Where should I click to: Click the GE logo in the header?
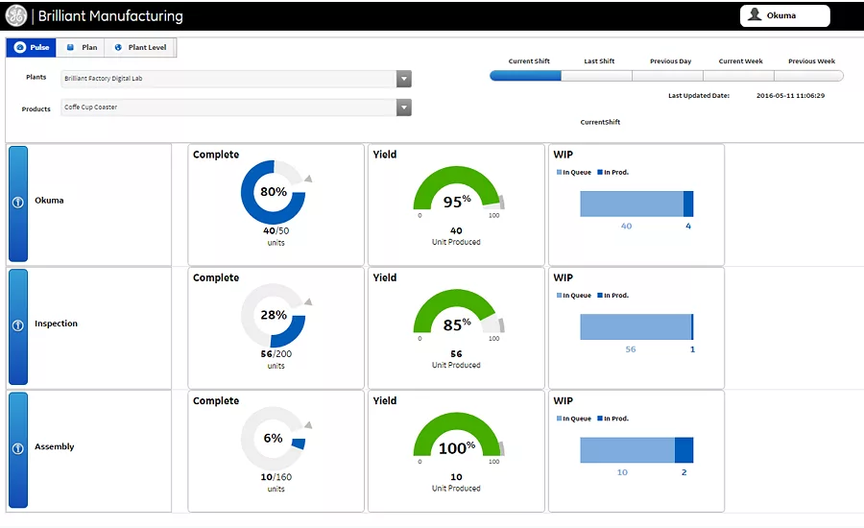[16, 15]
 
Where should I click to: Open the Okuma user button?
[784, 15]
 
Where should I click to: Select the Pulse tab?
[32, 47]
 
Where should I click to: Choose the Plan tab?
[82, 47]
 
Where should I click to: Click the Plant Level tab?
[140, 47]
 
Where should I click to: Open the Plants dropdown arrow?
[404, 79]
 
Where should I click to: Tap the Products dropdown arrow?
[404, 108]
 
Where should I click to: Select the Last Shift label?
[599, 61]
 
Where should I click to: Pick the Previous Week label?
[811, 61]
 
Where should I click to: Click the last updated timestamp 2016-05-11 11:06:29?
[790, 95]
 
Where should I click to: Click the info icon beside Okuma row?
[18, 203]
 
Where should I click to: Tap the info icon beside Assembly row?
[18, 448]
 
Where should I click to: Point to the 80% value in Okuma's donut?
[274, 192]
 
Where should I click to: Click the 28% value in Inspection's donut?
[274, 315]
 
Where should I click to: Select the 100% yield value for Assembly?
[457, 447]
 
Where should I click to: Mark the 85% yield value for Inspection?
[457, 324]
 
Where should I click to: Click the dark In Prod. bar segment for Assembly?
[684, 449]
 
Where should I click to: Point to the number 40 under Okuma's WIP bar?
[627, 226]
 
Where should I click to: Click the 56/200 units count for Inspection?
[276, 354]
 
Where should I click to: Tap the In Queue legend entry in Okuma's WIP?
[574, 173]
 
